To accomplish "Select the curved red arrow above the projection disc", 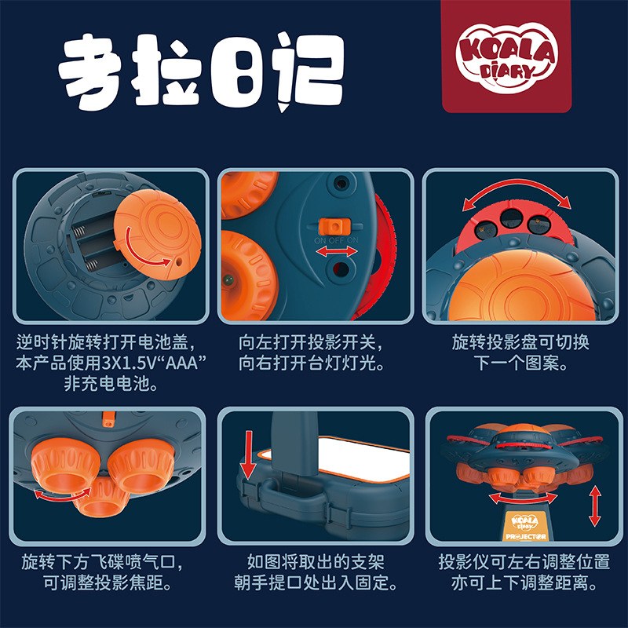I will click(x=515, y=193).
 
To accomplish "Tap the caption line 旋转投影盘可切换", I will click(x=520, y=343).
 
